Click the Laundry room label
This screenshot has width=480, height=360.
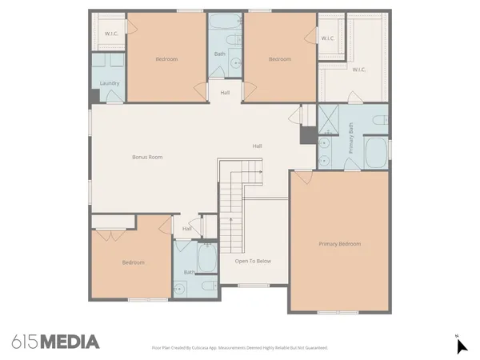pos(109,84)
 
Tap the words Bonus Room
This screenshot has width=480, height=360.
pos(147,157)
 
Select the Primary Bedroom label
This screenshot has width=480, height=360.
pos(339,243)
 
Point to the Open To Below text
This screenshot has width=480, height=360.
pos(253,261)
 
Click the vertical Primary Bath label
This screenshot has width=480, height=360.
pos(350,138)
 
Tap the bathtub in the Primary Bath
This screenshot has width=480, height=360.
pos(375,152)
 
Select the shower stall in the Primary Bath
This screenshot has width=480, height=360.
pos(329,118)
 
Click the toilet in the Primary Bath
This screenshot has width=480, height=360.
pos(380,121)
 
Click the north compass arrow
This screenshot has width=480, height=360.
pos(461,346)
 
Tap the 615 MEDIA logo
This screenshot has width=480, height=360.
pos(56,342)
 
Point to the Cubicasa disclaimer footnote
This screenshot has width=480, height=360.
pos(239,348)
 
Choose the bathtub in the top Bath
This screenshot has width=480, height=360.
pos(224,22)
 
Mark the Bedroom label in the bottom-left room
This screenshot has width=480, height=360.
pos(133,262)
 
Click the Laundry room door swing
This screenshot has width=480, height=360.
pos(114,96)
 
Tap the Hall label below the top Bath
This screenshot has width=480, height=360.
pos(226,93)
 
